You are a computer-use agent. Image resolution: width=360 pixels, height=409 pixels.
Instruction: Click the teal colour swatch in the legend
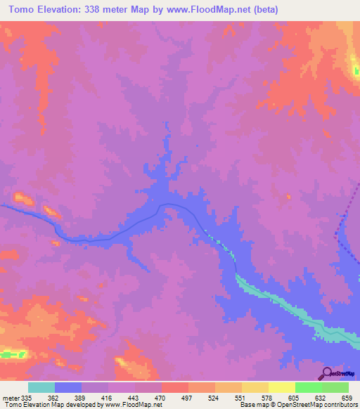click(x=41, y=387)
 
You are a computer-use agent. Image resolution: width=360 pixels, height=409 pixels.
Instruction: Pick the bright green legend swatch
click(x=309, y=387)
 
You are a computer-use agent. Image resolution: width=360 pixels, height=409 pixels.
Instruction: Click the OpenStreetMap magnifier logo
click(x=328, y=374)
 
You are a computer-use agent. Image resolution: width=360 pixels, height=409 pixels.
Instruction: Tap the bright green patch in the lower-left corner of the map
click(x=11, y=353)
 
